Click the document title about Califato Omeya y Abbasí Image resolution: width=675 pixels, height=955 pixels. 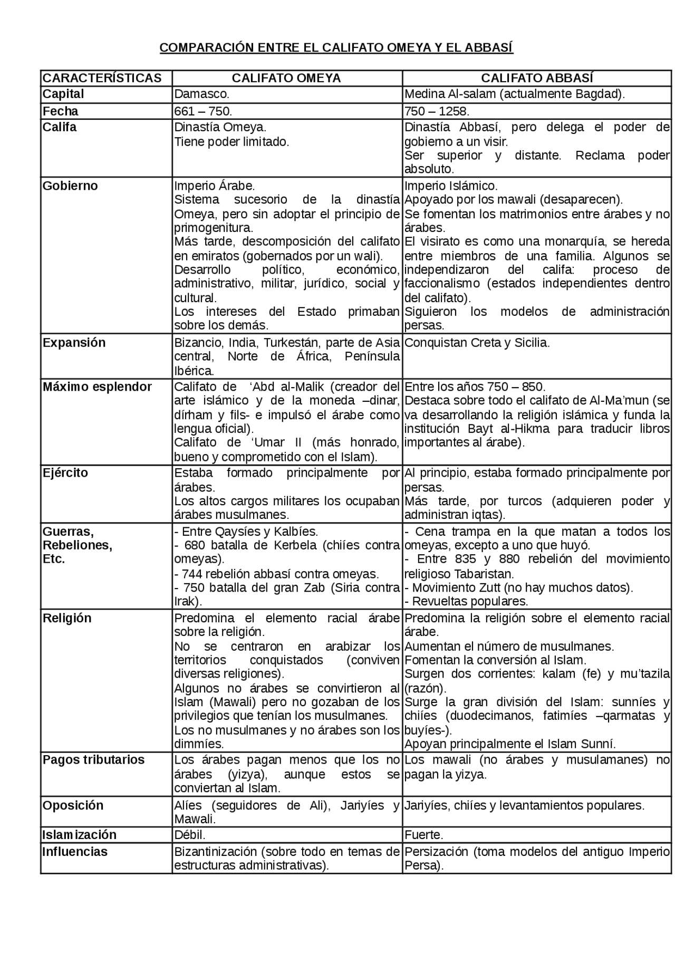click(336, 48)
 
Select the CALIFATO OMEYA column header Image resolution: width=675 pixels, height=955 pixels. click(286, 78)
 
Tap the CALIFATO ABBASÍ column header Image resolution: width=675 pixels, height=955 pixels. click(537, 78)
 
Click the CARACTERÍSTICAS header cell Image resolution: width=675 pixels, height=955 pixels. click(102, 78)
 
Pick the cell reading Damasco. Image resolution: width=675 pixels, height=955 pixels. click(201, 94)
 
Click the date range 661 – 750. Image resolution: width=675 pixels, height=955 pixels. click(203, 111)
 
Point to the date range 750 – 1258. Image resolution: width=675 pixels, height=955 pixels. click(437, 111)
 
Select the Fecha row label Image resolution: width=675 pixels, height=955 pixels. click(60, 111)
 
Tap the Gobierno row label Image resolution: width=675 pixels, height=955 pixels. click(70, 186)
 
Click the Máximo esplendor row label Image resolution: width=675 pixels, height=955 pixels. click(97, 387)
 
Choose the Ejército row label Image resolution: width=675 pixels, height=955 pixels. click(65, 473)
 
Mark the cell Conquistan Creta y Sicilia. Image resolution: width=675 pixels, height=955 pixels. click(477, 343)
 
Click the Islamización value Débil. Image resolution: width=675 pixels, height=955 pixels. click(190, 835)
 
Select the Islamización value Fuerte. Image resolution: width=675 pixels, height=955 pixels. click(423, 835)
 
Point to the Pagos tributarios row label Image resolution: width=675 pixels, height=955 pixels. click(93, 760)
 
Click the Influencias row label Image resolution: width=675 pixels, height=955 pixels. click(75, 852)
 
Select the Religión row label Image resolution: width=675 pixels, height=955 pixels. click(67, 618)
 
